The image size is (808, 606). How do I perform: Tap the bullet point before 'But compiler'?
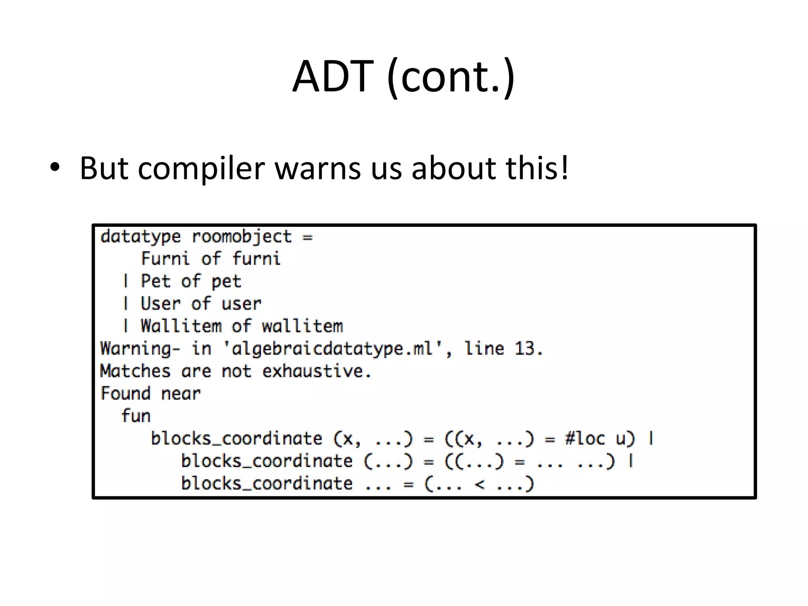(55, 168)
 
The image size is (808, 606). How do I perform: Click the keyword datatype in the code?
(140, 237)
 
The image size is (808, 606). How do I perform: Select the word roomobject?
(241, 237)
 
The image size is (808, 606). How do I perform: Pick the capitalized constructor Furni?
(165, 259)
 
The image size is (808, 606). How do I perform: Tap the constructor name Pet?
(155, 281)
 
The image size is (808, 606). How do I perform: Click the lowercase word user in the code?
(241, 304)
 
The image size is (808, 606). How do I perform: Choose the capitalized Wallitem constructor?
(181, 326)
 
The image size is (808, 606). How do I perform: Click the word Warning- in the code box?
(140, 349)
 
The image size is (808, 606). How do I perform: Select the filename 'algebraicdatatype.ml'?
(333, 349)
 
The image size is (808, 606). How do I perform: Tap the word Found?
(125, 393)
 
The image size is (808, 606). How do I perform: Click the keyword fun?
(136, 416)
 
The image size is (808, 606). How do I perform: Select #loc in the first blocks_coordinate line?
(585, 438)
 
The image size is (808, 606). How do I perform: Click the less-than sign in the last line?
(479, 484)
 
